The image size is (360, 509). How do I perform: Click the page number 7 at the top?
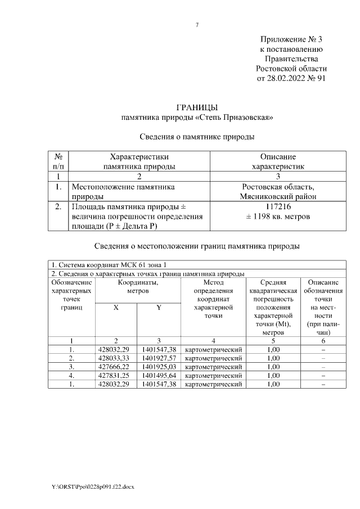pos(197,25)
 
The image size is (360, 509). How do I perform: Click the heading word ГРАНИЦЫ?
pos(197,107)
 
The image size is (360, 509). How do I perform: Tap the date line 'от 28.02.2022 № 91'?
pos(291,78)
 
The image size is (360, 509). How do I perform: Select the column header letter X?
pos(116,307)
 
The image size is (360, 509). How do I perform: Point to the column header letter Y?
pos(159,307)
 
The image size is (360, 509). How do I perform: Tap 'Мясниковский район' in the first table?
pos(277,196)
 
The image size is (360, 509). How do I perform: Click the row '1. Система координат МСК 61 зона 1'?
pos(110,265)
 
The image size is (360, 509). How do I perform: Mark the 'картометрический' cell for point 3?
pos(213,367)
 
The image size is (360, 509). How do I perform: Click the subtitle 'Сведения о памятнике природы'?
pos(197,136)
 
